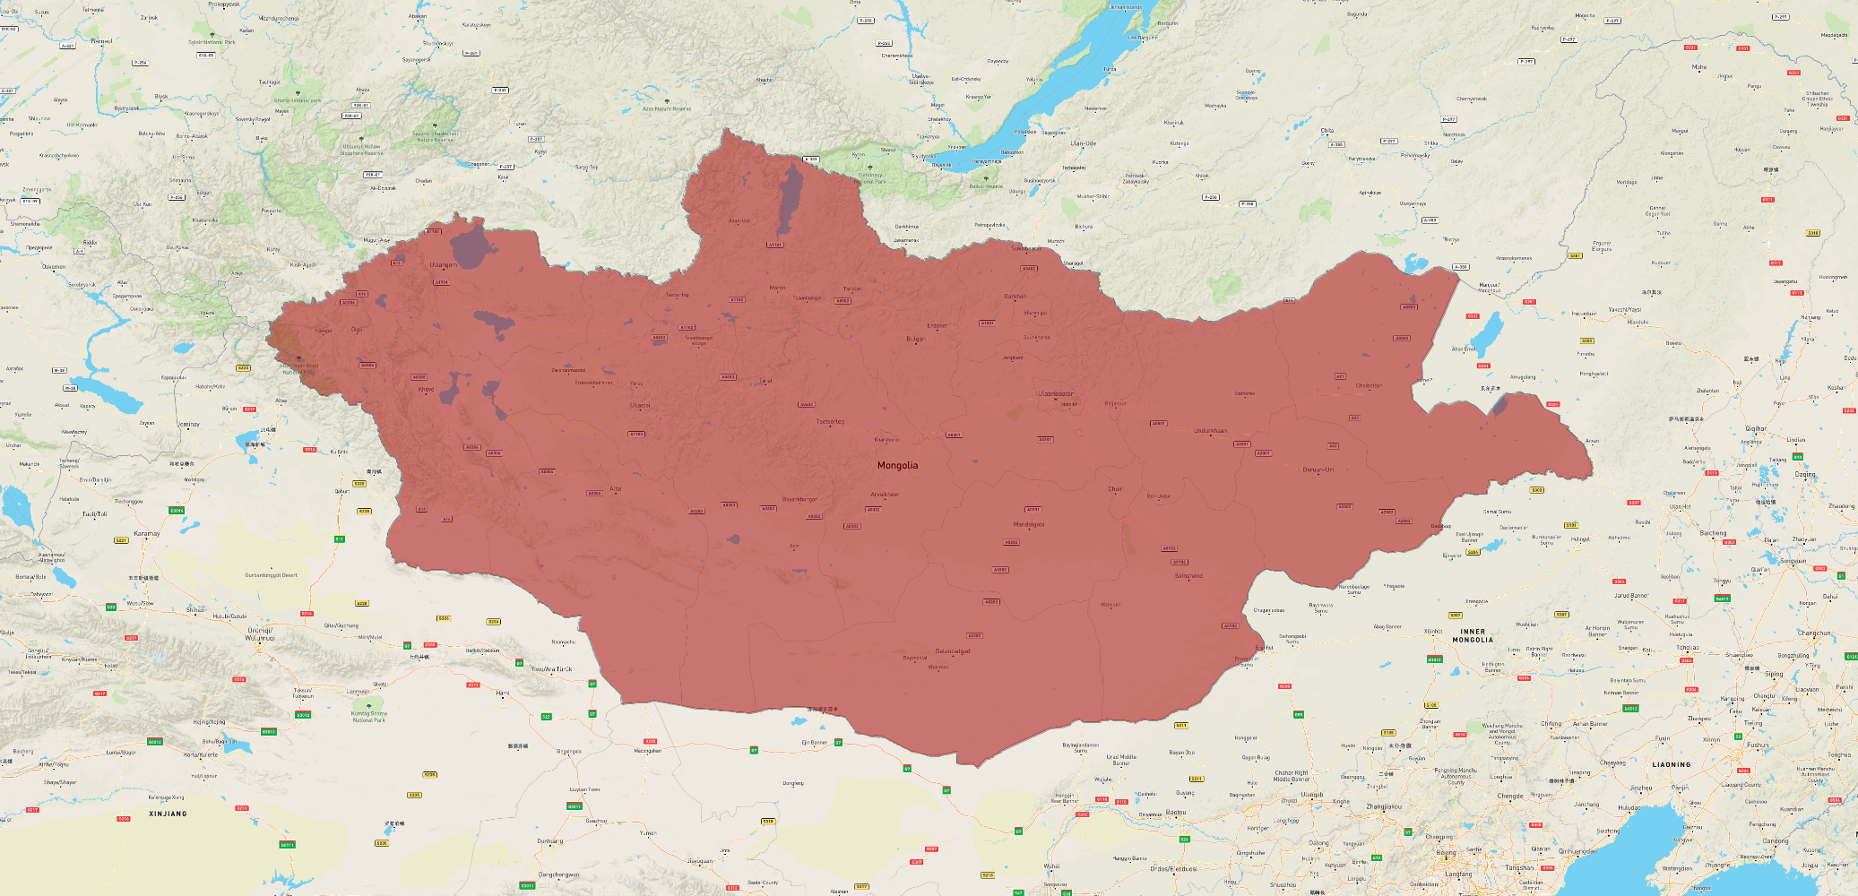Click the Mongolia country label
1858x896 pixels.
click(897, 465)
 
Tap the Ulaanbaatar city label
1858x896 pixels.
click(1056, 393)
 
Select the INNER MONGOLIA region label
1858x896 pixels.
click(1473, 635)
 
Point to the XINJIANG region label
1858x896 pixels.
click(168, 814)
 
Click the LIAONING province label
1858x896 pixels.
click(1672, 764)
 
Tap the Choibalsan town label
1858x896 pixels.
click(1369, 386)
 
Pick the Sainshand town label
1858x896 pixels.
click(1188, 576)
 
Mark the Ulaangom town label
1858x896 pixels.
click(443, 265)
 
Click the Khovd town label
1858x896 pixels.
click(426, 389)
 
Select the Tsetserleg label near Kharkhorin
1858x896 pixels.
click(830, 421)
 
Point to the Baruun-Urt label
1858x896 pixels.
click(1318, 470)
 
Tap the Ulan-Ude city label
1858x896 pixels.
click(1083, 143)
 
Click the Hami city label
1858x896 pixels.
click(502, 693)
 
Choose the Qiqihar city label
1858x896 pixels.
click(1755, 429)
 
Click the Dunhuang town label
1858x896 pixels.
click(550, 840)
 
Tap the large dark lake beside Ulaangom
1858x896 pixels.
click(472, 245)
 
